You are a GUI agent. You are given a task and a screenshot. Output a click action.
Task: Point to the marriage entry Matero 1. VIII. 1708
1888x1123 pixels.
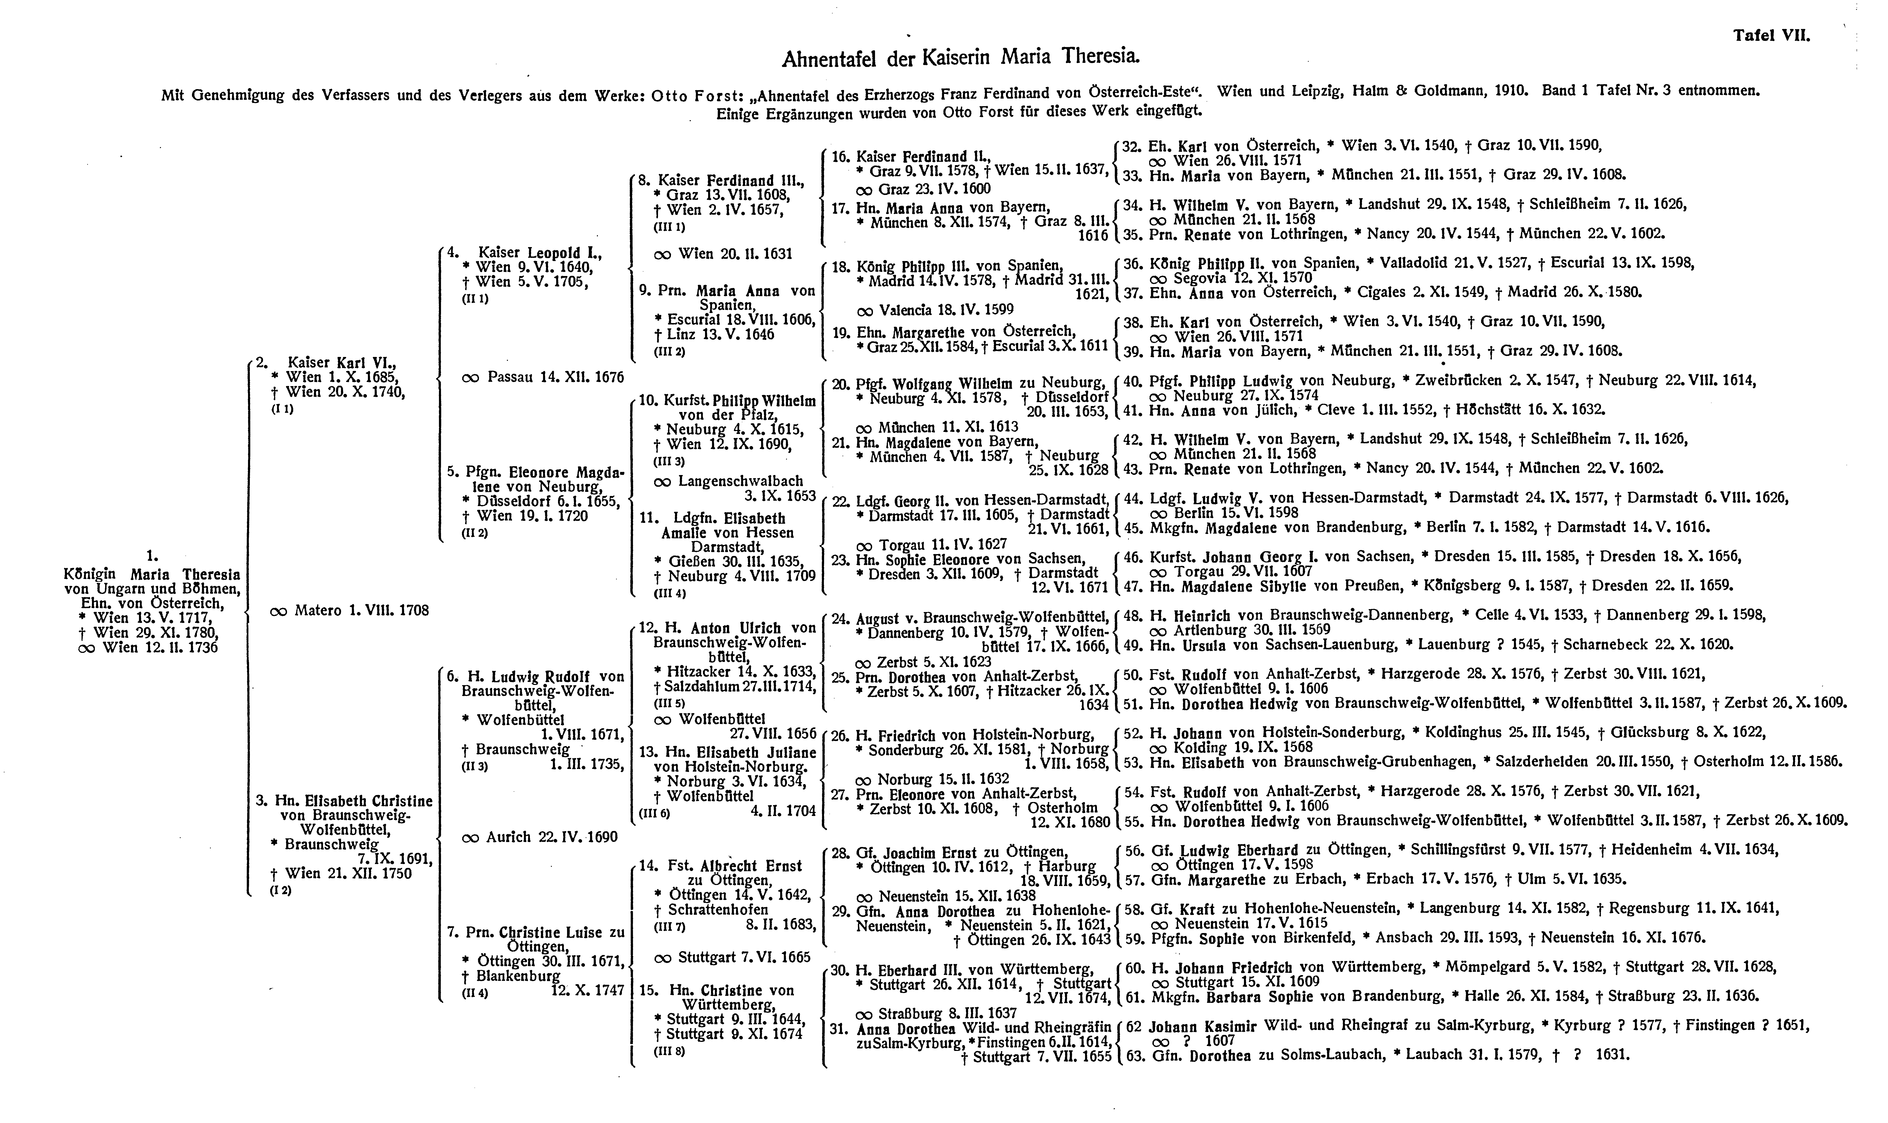point(349,610)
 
